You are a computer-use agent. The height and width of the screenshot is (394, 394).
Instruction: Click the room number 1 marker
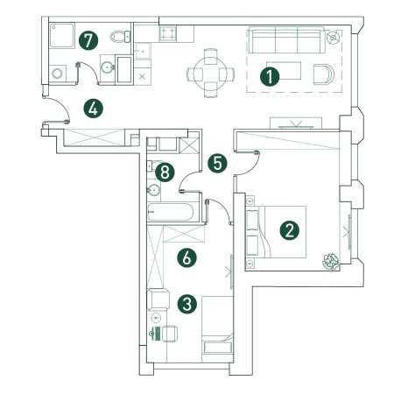click(x=270, y=77)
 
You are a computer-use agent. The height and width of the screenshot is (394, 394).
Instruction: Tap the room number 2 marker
click(x=289, y=230)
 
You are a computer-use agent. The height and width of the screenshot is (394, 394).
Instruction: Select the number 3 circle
click(x=187, y=304)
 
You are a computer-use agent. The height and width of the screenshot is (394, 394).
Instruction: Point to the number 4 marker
click(x=93, y=109)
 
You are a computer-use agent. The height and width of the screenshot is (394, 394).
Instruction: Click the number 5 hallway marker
click(x=218, y=163)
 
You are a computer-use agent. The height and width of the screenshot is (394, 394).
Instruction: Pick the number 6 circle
click(x=186, y=257)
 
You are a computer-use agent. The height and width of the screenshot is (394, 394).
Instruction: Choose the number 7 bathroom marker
click(x=88, y=40)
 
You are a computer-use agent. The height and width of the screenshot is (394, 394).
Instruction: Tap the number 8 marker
click(x=165, y=172)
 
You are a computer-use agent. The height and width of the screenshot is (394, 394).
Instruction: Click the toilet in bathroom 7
click(x=120, y=37)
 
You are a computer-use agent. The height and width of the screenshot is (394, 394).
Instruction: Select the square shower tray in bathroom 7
click(x=61, y=36)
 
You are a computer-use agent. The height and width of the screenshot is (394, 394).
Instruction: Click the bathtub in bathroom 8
click(x=170, y=212)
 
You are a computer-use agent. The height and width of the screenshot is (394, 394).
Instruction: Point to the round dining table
click(x=210, y=73)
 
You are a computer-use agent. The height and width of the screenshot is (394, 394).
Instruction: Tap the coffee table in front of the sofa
click(x=284, y=71)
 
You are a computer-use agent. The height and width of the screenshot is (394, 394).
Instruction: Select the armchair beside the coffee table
click(x=324, y=74)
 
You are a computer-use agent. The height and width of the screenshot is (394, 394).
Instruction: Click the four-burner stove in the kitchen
click(x=168, y=33)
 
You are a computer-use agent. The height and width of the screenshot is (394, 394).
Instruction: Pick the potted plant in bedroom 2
click(x=331, y=261)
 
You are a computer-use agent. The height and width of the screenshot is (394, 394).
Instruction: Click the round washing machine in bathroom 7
click(x=57, y=73)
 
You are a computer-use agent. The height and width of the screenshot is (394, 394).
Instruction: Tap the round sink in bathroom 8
click(x=153, y=190)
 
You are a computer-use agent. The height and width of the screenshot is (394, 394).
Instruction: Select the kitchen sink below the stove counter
click(x=143, y=51)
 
